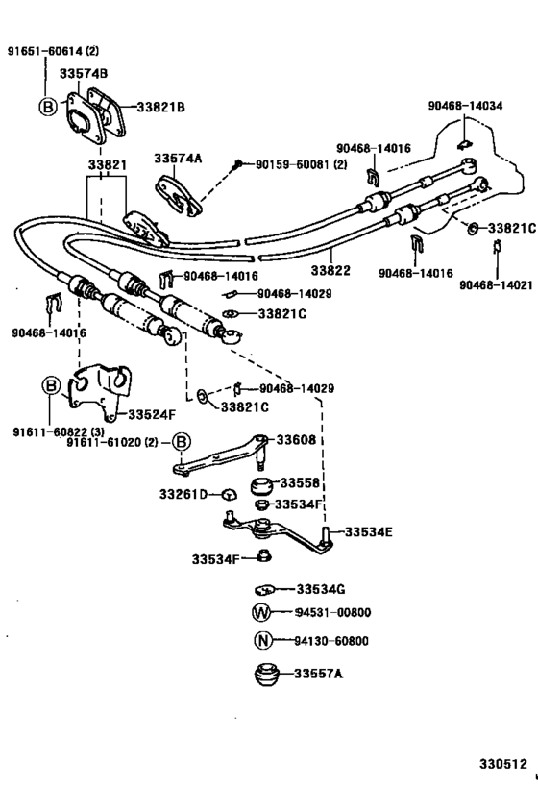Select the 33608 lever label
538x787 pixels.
click(x=296, y=439)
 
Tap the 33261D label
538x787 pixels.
click(x=186, y=494)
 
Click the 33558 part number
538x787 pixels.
click(x=300, y=482)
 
